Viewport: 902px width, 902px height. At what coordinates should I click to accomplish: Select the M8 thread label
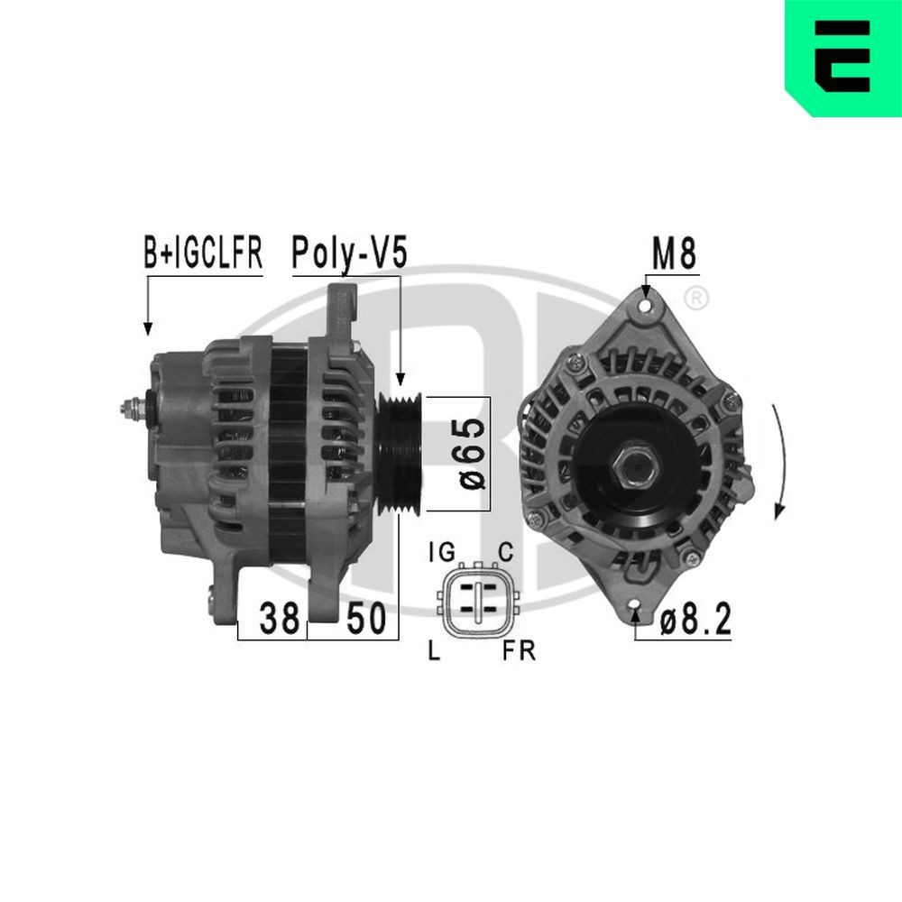click(x=674, y=256)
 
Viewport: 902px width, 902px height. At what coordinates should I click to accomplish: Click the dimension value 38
click(x=279, y=620)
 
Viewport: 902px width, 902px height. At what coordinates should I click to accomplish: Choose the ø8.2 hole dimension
click(x=694, y=621)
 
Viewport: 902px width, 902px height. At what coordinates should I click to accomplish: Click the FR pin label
click(x=519, y=651)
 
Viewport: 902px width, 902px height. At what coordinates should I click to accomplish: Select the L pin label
click(x=434, y=651)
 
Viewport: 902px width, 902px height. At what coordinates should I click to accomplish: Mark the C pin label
click(x=506, y=552)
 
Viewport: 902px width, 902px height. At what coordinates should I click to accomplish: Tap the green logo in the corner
click(x=842, y=58)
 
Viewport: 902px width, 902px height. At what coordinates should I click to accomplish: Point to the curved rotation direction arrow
click(x=779, y=460)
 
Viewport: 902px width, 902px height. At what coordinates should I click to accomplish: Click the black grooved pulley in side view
click(x=400, y=454)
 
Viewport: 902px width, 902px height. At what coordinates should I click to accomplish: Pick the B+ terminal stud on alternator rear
click(x=133, y=409)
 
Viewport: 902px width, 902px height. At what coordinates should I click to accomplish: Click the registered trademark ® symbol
click(x=695, y=297)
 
